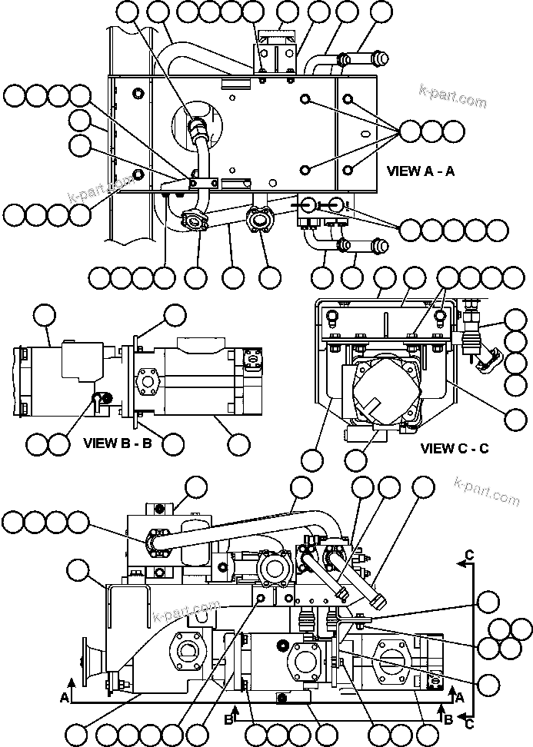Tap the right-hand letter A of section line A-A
click(460, 696)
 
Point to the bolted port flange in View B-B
click(146, 380)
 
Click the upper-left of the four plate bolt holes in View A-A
click(305, 100)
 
